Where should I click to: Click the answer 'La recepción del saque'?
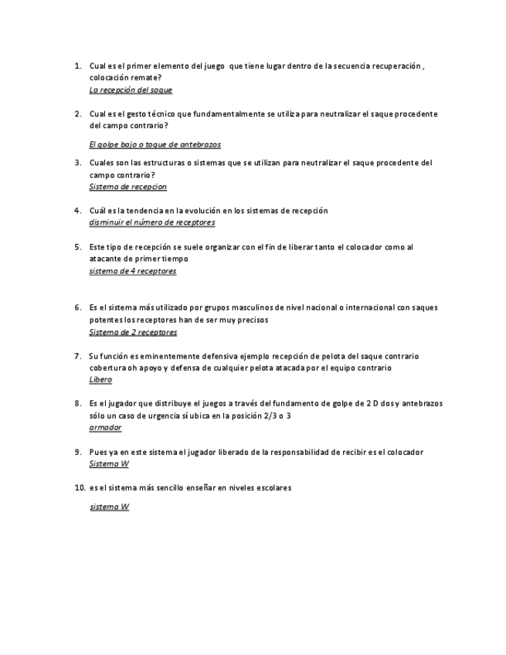point(131,90)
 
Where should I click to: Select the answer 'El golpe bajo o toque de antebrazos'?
point(155,144)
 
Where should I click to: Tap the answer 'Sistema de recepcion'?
point(127,187)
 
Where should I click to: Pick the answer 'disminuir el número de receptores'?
point(151,222)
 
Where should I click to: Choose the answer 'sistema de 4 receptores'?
point(132,271)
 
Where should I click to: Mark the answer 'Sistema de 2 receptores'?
point(133,332)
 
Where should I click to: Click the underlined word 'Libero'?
point(100,379)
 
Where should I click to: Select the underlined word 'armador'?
point(105,427)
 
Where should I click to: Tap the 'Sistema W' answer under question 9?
point(109,464)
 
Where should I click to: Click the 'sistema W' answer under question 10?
point(109,507)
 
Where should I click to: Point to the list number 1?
point(77,66)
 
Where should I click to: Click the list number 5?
point(77,247)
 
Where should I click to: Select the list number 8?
point(77,403)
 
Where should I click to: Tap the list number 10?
point(79,488)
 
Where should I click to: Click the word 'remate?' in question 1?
point(147,78)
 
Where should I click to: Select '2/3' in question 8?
point(268,416)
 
